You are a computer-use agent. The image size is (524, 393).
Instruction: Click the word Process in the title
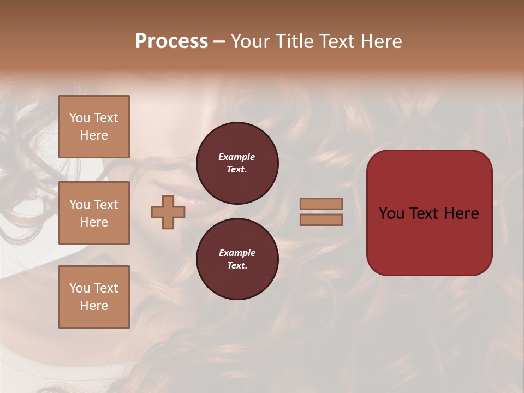171,41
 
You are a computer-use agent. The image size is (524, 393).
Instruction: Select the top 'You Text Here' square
94,127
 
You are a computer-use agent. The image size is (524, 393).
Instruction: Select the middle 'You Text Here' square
94,213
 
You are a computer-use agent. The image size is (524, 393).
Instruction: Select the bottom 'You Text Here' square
94,296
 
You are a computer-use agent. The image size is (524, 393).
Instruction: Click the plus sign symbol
168,212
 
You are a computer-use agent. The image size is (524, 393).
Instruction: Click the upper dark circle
237,163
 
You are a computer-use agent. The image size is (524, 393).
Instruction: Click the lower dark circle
237,259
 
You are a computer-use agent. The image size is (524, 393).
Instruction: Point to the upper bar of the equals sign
321,204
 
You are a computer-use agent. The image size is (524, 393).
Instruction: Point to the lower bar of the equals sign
321,219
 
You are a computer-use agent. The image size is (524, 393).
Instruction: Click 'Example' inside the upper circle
237,157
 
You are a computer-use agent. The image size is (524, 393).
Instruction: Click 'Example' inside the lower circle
237,253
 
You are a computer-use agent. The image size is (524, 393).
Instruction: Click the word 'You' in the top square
79,118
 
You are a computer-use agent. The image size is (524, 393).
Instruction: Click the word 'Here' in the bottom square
94,306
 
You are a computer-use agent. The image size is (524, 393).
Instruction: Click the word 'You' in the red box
391,213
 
